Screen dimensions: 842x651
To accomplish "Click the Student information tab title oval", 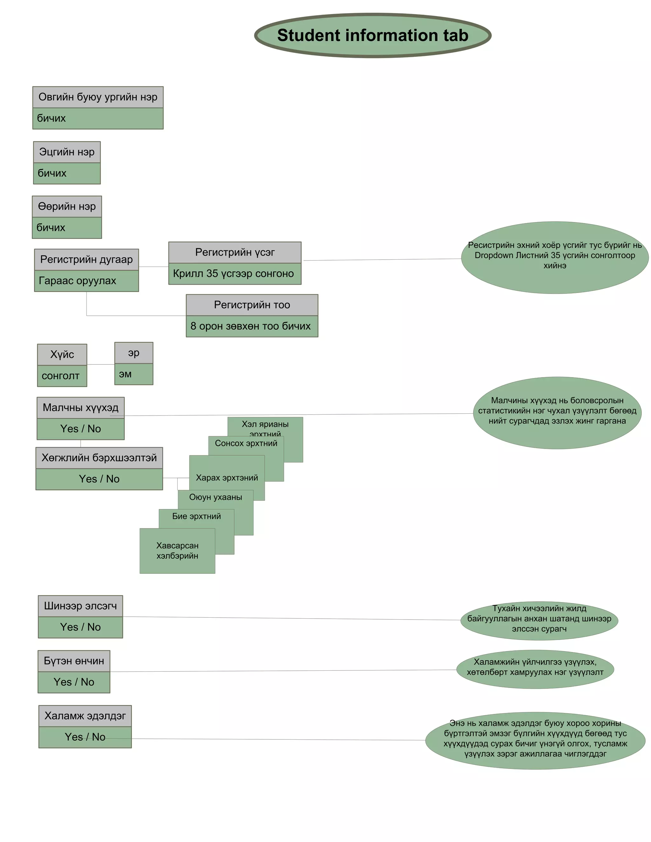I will coord(373,36).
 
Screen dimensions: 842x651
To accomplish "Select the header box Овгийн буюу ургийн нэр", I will coord(98,97).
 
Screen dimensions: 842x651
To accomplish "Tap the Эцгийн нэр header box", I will coord(67,152).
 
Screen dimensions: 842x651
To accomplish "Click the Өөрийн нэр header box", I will coord(67,207).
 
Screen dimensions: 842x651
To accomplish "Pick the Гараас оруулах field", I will coord(86,281).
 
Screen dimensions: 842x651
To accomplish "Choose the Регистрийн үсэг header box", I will coord(235,253).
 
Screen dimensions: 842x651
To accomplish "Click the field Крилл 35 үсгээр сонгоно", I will coord(235,274).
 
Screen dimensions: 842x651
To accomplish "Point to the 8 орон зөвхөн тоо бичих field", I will coord(252,326).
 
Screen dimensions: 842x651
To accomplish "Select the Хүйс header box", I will coord(62,355).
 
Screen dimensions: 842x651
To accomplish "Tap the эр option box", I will coord(134,353).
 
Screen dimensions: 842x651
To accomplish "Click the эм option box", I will coord(134,374).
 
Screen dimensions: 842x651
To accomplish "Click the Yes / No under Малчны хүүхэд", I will coord(81,429).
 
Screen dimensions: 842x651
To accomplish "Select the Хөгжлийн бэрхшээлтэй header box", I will coord(99,458).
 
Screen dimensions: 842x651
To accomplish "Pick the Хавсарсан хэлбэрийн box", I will coord(177,551).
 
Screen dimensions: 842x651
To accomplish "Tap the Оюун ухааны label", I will coord(216,497).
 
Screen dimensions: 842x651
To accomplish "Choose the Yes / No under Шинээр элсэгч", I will coord(80,627).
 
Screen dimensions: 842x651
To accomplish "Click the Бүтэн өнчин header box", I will coord(74,661).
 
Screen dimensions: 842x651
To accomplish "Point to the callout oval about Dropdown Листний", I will coord(555,258).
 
